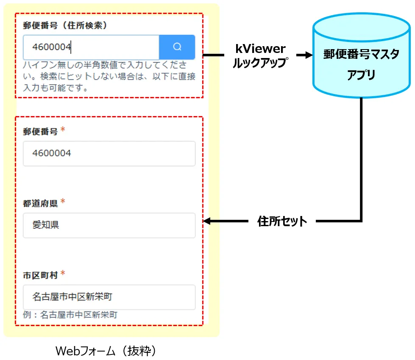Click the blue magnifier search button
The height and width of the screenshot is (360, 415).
tap(177, 47)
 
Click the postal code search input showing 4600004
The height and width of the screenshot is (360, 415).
tap(91, 47)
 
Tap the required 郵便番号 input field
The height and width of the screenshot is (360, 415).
tap(109, 153)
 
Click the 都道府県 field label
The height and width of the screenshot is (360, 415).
tap(40, 204)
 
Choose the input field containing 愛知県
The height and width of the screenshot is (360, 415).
tap(109, 225)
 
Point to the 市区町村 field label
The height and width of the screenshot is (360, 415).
tap(40, 275)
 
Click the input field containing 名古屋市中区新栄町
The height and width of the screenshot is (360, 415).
tap(109, 297)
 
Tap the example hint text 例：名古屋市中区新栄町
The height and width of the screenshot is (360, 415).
tap(70, 315)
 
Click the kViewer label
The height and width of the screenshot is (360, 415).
tap(261, 49)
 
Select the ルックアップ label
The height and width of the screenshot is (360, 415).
tap(261, 63)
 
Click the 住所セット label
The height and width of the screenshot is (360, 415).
tap(282, 221)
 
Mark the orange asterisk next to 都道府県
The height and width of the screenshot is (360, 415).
tap(63, 202)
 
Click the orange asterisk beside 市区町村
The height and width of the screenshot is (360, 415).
tap(63, 273)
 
